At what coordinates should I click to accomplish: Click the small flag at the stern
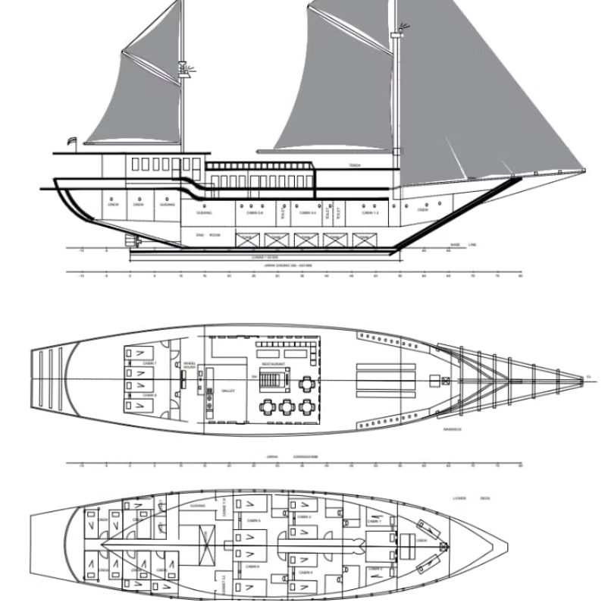point(72,140)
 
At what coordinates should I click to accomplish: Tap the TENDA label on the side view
point(355,165)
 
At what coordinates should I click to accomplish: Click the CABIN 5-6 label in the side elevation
point(255,214)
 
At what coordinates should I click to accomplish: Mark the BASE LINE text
point(462,245)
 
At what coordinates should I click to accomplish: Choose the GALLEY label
point(228,391)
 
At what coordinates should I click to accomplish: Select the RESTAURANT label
point(274,364)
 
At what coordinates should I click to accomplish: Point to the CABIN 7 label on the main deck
point(150,364)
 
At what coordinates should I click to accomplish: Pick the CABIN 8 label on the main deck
point(150,395)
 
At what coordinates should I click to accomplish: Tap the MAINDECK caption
point(454,428)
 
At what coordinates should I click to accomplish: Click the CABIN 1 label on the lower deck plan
point(375,521)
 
